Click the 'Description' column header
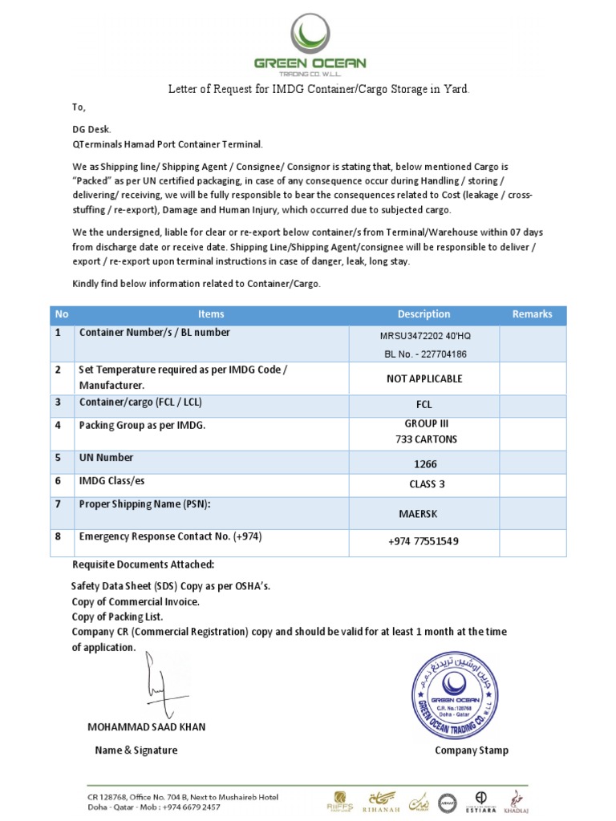click(x=423, y=314)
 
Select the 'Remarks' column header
click(x=532, y=314)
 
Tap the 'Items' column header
click(x=211, y=314)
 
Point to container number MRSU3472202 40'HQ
click(x=423, y=336)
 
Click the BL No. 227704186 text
click(x=423, y=354)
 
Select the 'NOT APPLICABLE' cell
click(x=423, y=378)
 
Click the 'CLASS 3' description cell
click(x=423, y=484)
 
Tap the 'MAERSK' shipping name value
click(x=423, y=513)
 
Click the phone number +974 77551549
click(x=423, y=542)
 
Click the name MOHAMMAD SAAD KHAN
click(x=146, y=727)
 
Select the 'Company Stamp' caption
click(x=471, y=750)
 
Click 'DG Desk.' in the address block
click(x=92, y=128)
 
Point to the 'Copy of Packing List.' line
click(x=117, y=617)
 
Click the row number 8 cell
click(x=58, y=536)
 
